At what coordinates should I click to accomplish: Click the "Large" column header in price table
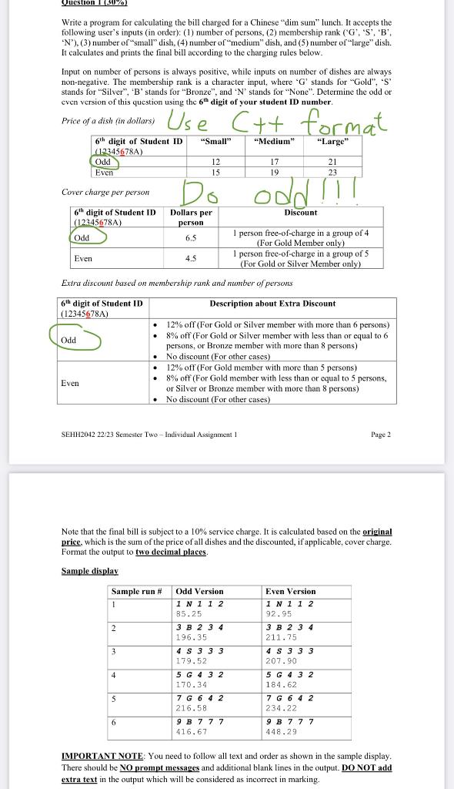click(332, 141)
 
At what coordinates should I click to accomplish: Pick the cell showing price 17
click(275, 162)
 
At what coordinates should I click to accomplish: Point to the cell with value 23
click(332, 173)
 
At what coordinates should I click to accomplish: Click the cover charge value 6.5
click(191, 238)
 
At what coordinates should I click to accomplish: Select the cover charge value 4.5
click(191, 259)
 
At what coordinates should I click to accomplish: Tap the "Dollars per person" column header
click(191, 217)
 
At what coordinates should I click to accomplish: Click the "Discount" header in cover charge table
click(300, 212)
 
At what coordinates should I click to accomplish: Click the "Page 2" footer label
click(380, 435)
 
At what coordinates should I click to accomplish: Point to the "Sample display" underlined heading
click(90, 571)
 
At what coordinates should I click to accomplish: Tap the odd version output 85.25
click(189, 614)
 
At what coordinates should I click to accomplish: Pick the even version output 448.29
click(279, 731)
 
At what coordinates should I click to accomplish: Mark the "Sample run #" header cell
click(137, 591)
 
